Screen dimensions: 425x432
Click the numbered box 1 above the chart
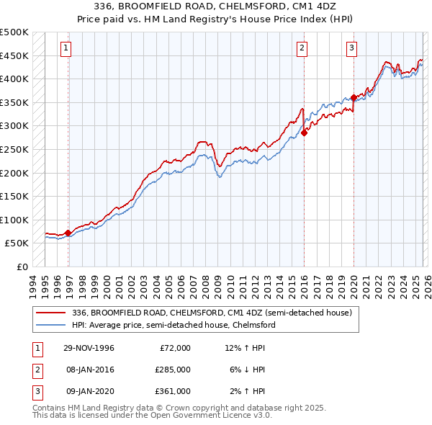tap(66, 48)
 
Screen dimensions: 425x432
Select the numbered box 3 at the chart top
tap(351, 48)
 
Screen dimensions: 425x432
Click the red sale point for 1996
tap(68, 233)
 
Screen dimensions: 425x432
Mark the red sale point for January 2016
tap(305, 133)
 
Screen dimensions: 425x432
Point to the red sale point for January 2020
tap(354, 97)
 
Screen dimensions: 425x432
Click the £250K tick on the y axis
tap(14, 149)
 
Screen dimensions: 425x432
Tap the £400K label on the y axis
tap(14, 79)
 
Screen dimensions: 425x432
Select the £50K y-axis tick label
tap(17, 243)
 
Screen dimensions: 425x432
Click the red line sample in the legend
tap(51, 313)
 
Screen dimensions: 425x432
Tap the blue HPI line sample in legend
tap(51, 325)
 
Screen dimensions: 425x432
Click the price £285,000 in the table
tap(172, 370)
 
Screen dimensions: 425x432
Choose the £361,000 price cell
tap(172, 391)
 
